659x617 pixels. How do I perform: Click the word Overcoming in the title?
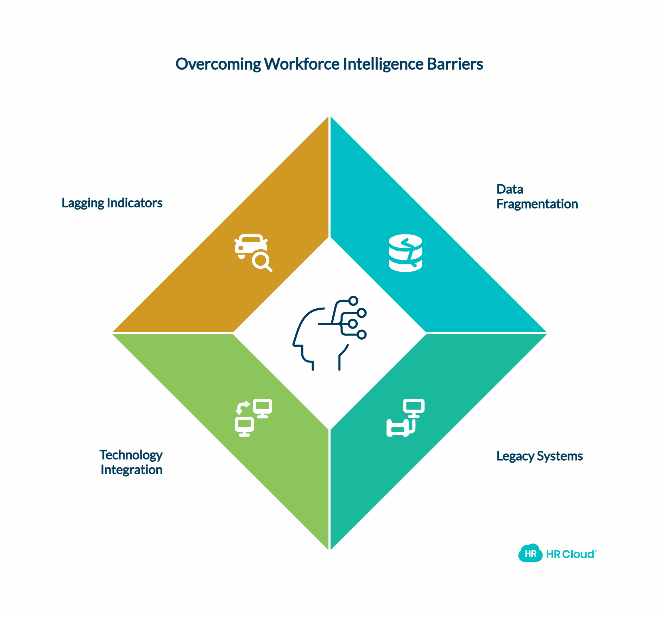tap(218, 64)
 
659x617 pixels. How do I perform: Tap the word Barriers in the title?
tap(455, 64)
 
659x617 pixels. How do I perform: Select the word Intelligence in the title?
tap(383, 64)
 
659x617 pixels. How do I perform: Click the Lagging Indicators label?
tap(112, 203)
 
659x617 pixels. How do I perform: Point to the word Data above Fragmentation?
tap(509, 189)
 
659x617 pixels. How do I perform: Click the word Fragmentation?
tap(537, 204)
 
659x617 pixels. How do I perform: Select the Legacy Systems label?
tap(539, 456)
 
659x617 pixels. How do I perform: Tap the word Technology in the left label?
tap(131, 455)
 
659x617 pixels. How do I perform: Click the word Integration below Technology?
tap(131, 470)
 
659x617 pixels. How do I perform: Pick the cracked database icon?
tap(406, 253)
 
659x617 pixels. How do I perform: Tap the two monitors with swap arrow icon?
tap(253, 417)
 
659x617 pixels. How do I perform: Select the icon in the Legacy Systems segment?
tap(406, 417)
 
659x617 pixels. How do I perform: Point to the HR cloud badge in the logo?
tap(530, 554)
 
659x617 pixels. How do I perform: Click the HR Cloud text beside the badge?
tap(570, 554)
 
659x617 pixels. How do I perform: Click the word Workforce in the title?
tap(302, 64)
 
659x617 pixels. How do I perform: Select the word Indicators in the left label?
tap(134, 203)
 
